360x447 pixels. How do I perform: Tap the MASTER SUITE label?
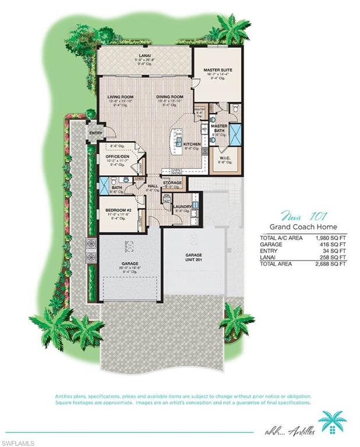(218, 69)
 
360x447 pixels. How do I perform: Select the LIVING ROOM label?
(121, 97)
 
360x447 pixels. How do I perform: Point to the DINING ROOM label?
(170, 97)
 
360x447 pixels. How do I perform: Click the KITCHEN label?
(192, 144)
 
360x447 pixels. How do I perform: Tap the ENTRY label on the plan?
(95, 133)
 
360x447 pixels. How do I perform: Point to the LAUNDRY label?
(182, 205)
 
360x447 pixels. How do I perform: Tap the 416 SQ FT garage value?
(334, 244)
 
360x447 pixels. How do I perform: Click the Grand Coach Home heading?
(302, 227)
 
